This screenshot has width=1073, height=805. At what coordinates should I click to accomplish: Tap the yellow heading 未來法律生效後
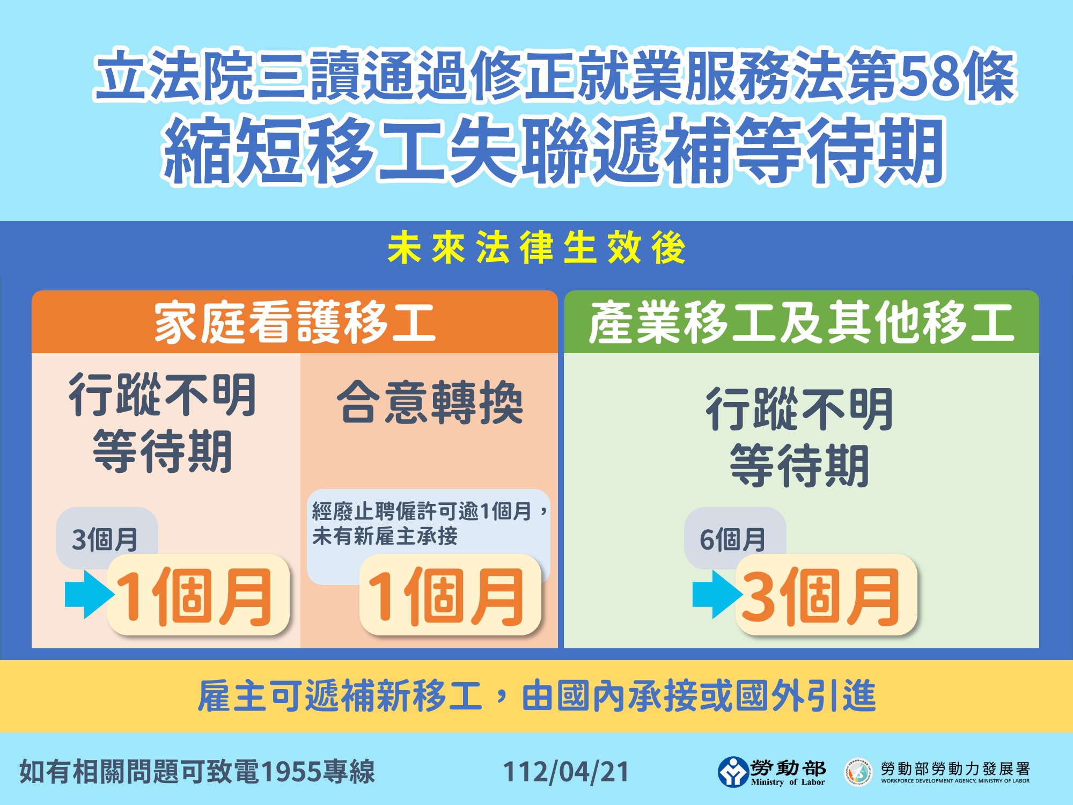(536, 248)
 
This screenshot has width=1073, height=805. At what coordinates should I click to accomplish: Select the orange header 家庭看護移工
(295, 322)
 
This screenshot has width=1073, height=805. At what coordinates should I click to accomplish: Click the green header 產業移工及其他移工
(802, 322)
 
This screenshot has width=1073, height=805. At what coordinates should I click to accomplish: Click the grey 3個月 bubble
(106, 538)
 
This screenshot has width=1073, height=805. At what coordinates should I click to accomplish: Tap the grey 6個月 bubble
(734, 538)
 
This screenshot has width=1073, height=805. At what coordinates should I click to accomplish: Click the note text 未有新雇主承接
(385, 536)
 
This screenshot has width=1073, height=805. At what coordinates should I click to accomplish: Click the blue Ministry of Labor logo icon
(733, 772)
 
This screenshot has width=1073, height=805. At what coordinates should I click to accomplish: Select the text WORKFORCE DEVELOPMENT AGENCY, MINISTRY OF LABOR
(956, 781)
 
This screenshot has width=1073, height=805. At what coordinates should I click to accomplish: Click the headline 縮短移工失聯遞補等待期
(554, 150)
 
